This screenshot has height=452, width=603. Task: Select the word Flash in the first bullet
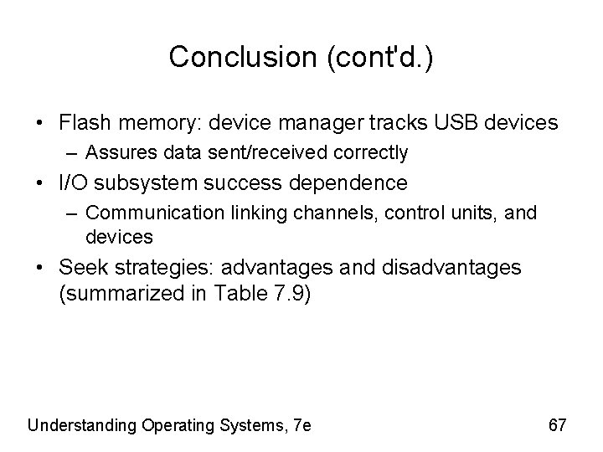click(x=82, y=123)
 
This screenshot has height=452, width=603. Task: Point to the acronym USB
click(x=451, y=123)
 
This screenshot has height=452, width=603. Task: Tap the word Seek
click(x=81, y=268)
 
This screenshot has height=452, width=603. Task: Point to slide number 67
click(x=558, y=425)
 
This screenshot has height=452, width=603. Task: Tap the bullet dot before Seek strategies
click(x=41, y=268)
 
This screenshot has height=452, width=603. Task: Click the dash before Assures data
click(x=75, y=153)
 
